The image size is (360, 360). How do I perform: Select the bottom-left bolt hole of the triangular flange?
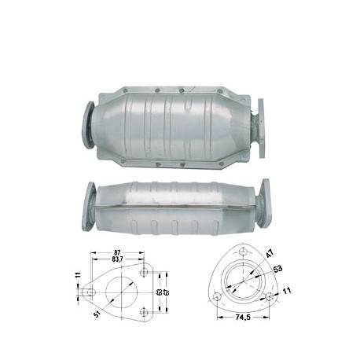tap(215, 297)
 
